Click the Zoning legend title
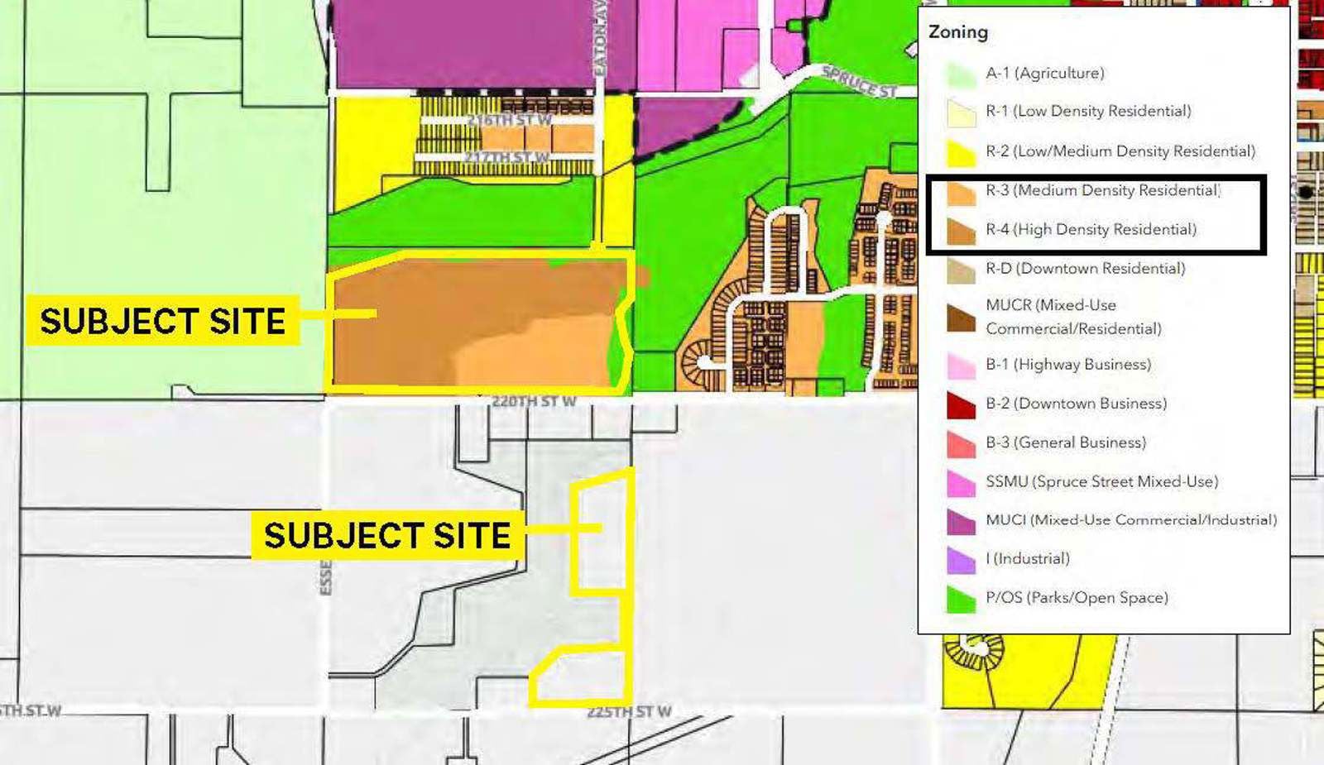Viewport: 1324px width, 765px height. point(958,32)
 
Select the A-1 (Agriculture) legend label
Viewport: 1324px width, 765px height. point(1044,73)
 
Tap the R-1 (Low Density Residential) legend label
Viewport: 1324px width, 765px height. point(1087,111)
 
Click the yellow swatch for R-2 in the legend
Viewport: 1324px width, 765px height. point(961,152)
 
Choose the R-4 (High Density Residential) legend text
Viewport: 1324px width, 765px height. point(1090,229)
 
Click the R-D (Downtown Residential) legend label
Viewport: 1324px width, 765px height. point(1085,268)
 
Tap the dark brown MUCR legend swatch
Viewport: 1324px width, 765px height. point(961,318)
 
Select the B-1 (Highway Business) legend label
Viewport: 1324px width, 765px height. point(1067,364)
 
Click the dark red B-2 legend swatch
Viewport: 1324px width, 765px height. point(961,404)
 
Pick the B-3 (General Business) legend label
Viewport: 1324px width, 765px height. point(1065,442)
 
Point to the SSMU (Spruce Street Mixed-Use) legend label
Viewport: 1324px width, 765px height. point(1101,481)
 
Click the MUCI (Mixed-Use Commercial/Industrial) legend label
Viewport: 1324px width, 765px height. point(1130,520)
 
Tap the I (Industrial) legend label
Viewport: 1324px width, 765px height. point(1027,558)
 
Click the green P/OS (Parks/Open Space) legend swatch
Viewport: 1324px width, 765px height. point(961,599)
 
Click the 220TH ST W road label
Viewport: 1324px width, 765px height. point(534,402)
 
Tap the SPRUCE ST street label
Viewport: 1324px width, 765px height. point(859,82)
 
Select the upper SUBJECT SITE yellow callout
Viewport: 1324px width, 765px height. point(162,321)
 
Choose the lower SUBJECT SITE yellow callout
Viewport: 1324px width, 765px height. point(386,535)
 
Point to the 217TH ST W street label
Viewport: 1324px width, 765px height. point(506,157)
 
